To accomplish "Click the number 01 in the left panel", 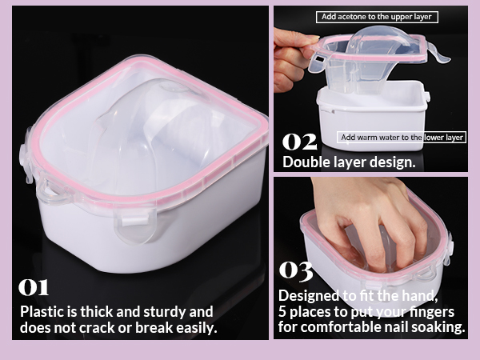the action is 34,287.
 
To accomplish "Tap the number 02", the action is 299,142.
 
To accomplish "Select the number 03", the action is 296,270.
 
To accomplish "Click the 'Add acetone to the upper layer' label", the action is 377,17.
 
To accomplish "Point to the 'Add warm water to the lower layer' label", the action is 402,137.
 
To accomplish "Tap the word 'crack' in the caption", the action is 98,328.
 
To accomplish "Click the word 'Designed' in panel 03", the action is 309,296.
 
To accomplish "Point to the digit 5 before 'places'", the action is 282,312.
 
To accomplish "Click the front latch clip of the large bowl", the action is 135,226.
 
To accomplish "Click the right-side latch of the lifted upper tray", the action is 438,54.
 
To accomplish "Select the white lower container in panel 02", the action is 373,116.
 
